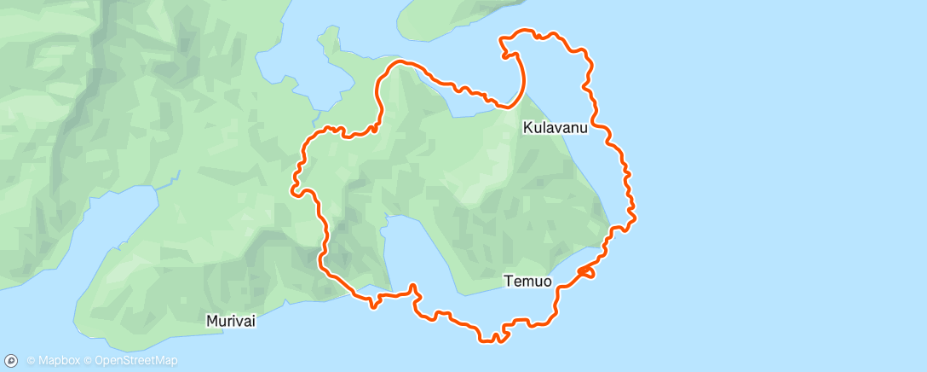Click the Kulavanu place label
pyautogui.click(x=555, y=128)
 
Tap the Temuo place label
pyautogui.click(x=527, y=280)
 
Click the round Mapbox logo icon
pyautogui.click(x=12, y=361)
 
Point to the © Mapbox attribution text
pyautogui.click(x=53, y=361)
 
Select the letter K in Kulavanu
pyautogui.click(x=527, y=128)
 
